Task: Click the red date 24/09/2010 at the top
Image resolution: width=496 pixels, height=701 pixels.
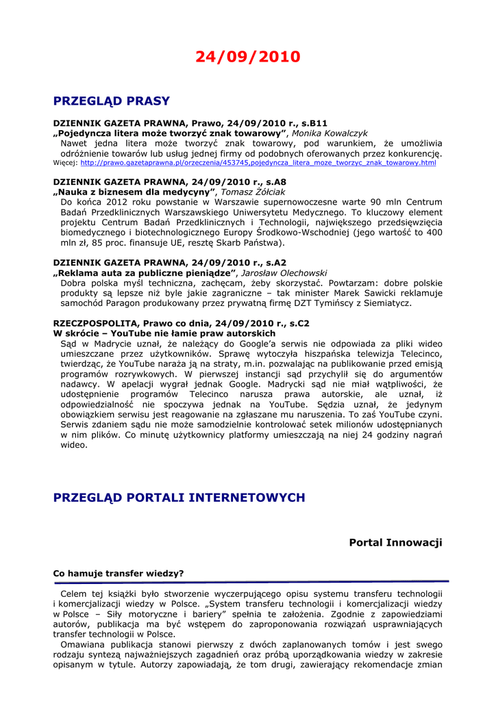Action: point(247,57)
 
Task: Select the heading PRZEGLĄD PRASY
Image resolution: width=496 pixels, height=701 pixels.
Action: point(111,101)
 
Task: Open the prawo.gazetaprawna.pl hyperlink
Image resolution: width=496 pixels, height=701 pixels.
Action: point(258,163)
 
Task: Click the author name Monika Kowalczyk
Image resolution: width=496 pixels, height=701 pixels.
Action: point(330,133)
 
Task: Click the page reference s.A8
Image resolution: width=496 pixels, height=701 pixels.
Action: point(276,182)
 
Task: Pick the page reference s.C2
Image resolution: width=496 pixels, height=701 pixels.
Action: point(299,322)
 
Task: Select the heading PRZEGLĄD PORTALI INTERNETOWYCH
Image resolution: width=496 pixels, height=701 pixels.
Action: point(179,498)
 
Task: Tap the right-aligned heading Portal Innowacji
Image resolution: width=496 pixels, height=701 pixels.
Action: point(395,542)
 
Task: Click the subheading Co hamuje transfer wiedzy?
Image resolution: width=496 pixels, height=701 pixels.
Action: point(119,573)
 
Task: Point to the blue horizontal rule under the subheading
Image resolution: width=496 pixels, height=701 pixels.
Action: point(247,581)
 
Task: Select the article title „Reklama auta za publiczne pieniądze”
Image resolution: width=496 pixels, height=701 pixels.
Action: point(145,272)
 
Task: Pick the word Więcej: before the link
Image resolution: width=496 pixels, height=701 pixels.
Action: point(65,163)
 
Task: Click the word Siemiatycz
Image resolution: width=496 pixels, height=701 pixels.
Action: point(387,303)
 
